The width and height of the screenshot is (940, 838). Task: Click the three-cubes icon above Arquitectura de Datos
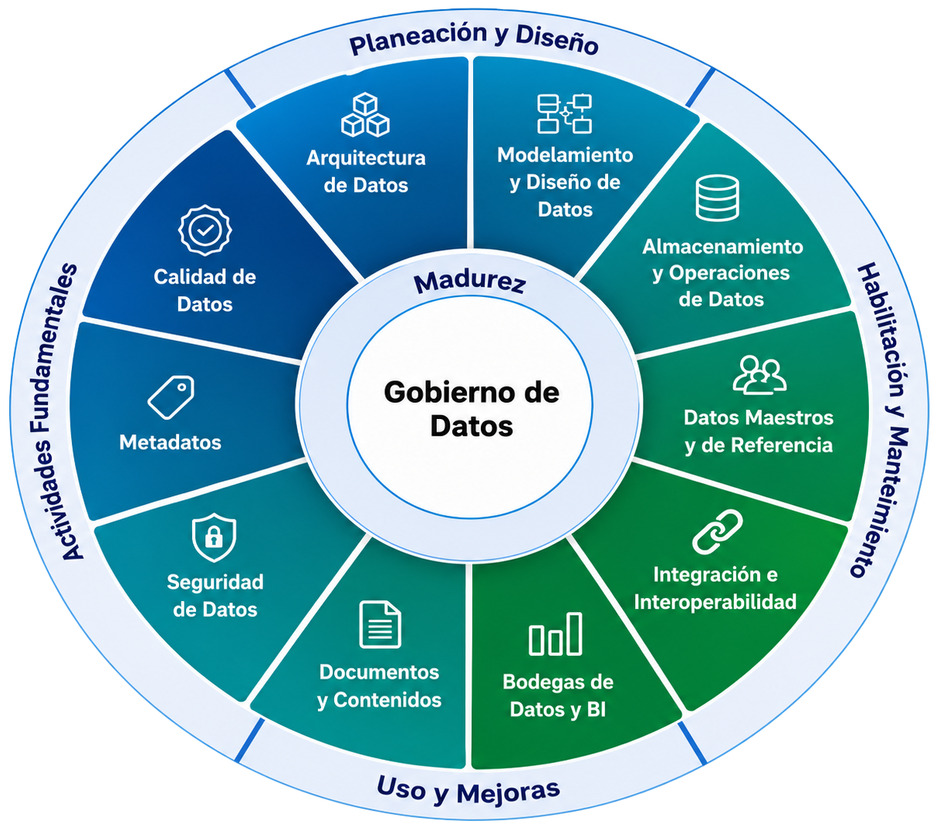click(x=365, y=115)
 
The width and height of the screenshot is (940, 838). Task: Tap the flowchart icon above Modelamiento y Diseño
click(x=564, y=113)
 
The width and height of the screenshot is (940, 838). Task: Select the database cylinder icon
click(x=717, y=198)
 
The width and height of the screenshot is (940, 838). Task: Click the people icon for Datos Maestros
click(x=759, y=375)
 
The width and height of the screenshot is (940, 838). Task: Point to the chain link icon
click(x=717, y=532)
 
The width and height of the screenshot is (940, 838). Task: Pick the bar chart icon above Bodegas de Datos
click(x=556, y=634)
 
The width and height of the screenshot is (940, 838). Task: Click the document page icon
click(x=380, y=624)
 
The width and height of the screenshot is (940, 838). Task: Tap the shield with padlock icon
click(x=214, y=537)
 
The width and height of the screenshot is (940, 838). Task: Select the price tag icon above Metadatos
click(x=171, y=397)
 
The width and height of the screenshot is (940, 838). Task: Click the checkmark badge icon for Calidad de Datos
click(x=205, y=230)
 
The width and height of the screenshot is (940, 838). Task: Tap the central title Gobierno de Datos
click(x=472, y=409)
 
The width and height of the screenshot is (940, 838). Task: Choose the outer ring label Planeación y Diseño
click(x=474, y=40)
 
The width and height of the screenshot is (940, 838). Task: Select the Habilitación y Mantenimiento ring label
click(x=881, y=420)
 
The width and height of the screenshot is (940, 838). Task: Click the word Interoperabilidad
click(x=715, y=602)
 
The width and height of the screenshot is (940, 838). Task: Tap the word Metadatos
click(x=171, y=442)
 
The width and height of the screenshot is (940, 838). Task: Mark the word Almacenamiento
click(x=722, y=246)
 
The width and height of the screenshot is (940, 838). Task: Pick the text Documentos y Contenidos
click(x=379, y=686)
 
